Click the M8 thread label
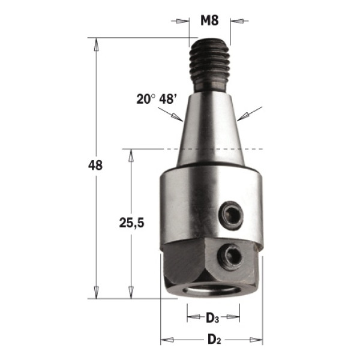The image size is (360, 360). [209, 20]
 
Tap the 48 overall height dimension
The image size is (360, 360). [95, 165]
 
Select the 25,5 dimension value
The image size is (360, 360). [131, 223]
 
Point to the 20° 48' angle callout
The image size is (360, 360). [157, 99]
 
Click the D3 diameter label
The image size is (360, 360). [212, 318]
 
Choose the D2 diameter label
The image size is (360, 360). [214, 340]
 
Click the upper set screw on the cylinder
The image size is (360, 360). [232, 215]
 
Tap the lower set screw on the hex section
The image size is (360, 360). [230, 256]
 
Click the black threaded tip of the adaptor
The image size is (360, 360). [209, 65]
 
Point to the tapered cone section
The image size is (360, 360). [210, 128]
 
